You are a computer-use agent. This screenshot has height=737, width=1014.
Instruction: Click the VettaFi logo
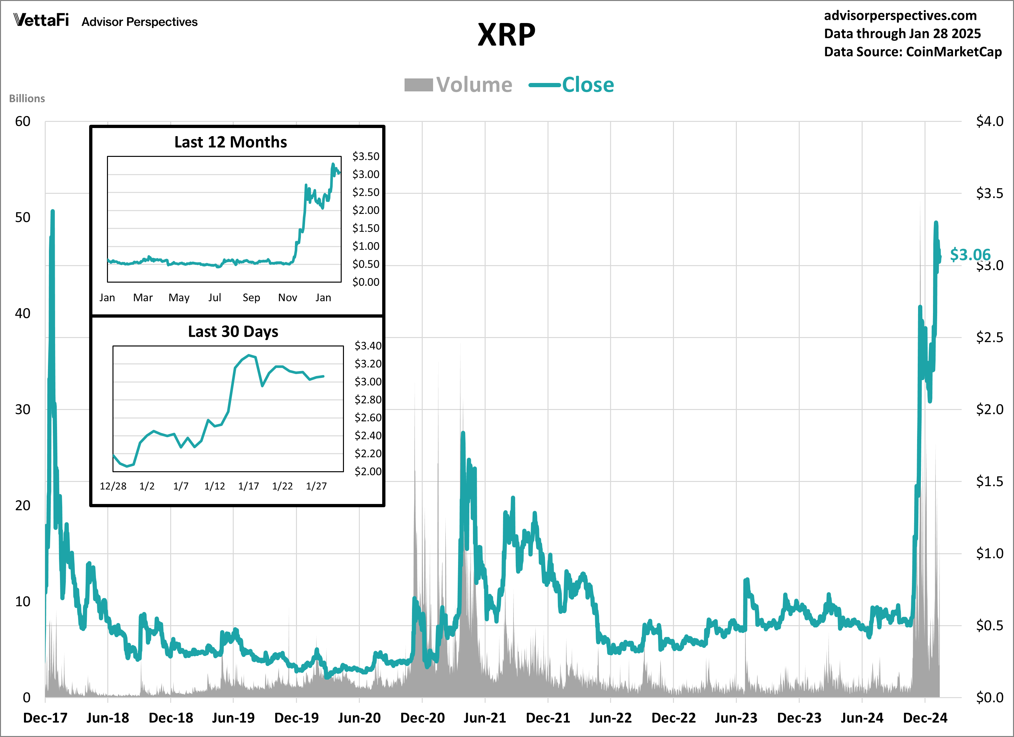click(x=41, y=20)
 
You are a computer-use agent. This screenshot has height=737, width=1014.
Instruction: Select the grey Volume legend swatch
click(x=418, y=85)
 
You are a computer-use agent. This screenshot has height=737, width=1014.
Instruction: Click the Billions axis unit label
click(x=27, y=98)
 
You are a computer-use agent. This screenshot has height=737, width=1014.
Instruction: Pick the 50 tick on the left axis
click(x=22, y=218)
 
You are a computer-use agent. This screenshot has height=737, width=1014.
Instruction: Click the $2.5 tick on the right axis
click(x=989, y=337)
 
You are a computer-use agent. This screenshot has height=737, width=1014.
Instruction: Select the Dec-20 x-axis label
click(x=422, y=718)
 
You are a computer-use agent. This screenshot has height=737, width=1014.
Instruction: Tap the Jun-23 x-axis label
click(x=736, y=718)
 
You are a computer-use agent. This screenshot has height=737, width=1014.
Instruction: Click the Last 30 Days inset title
click(x=233, y=332)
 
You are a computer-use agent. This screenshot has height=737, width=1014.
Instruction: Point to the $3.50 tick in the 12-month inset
click(x=365, y=157)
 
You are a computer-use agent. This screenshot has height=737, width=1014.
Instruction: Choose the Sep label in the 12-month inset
click(x=251, y=298)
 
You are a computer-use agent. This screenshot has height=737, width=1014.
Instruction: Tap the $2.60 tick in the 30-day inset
click(x=368, y=417)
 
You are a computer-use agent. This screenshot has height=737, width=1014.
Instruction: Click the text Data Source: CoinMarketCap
click(x=913, y=52)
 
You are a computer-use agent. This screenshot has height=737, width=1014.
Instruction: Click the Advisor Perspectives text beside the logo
click(x=139, y=22)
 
